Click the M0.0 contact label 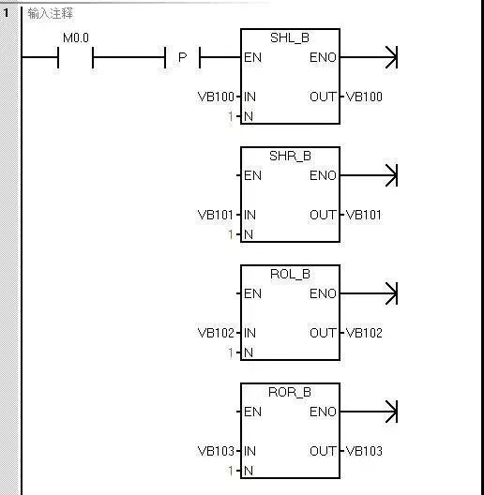(x=76, y=38)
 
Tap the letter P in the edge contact (x=183, y=57)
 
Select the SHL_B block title (x=290, y=37)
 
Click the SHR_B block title (x=290, y=156)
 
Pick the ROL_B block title (x=290, y=274)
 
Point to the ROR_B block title (x=290, y=392)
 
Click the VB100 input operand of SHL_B (x=216, y=97)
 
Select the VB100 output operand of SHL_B (x=364, y=97)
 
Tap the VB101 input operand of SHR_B (x=216, y=215)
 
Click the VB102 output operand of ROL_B (x=364, y=333)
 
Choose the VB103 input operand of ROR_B (x=216, y=451)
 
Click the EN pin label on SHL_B (x=252, y=57)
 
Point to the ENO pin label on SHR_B (x=323, y=175)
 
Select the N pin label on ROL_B (x=249, y=352)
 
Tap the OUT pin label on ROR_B (x=323, y=451)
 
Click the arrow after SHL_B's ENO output (x=369, y=57)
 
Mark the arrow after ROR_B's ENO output (x=369, y=412)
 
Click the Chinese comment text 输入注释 (x=51, y=13)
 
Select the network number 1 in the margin (x=6, y=13)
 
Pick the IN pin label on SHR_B (x=250, y=215)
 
